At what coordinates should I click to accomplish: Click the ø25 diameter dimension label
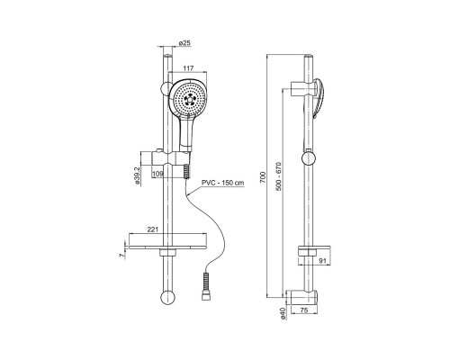pos(184,43)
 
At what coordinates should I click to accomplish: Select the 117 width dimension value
pos(188,68)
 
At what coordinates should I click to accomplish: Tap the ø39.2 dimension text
pos(138,175)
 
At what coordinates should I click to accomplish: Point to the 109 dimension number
pos(157,174)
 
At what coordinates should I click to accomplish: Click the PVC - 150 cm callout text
pos(222,183)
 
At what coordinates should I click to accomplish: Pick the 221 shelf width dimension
pos(153,229)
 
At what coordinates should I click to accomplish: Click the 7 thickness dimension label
pos(121,255)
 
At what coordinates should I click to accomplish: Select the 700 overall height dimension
pos(263,176)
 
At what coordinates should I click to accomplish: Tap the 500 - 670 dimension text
pos(278,176)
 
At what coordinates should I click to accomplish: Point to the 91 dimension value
pos(322,261)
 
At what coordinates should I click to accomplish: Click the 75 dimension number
pos(304,310)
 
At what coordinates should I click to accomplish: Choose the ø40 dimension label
pos(283,313)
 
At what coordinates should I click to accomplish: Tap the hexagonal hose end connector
pos(205,296)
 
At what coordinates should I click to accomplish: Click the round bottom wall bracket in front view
pos(167,298)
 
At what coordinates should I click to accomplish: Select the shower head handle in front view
pos(186,132)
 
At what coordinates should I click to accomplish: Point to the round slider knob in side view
pos(309,158)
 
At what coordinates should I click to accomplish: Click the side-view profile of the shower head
pos(319,98)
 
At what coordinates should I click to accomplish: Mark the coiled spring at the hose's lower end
pos(205,282)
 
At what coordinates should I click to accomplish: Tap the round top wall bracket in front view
pos(166,88)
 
